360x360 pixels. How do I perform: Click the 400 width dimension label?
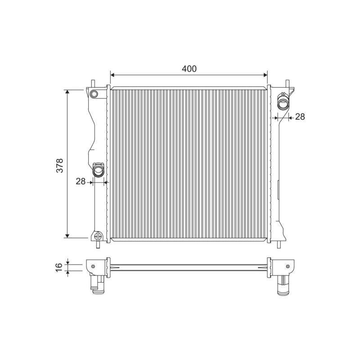189,69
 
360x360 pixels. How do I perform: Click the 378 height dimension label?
60,165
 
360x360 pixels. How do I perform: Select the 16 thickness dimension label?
59,267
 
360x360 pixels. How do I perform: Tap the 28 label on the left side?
81,181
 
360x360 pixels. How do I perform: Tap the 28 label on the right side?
300,117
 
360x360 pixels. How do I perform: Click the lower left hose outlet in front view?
99,170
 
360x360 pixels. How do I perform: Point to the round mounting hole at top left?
94,94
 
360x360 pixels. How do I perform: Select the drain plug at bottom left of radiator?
98,239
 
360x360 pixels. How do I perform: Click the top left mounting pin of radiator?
93,83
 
